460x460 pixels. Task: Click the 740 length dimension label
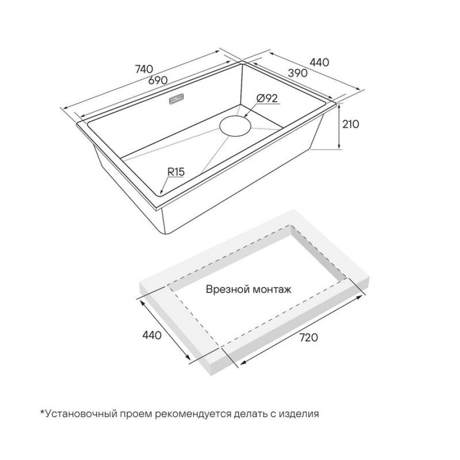pyautogui.click(x=144, y=69)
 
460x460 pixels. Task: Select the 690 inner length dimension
pyautogui.click(x=157, y=80)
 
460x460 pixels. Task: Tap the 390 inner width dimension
pyautogui.click(x=297, y=73)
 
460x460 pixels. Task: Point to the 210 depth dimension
pyautogui.click(x=351, y=124)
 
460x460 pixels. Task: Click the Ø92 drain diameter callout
pyautogui.click(x=267, y=98)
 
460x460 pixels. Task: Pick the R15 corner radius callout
pyautogui.click(x=176, y=172)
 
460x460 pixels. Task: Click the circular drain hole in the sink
pyautogui.click(x=236, y=126)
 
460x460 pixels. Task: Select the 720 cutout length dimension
pyautogui.click(x=309, y=337)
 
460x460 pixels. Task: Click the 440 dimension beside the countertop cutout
pyautogui.click(x=152, y=335)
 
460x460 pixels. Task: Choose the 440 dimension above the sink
pyautogui.click(x=319, y=62)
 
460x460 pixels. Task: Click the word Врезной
pyautogui.click(x=227, y=290)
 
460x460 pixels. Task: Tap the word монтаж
pyautogui.click(x=272, y=290)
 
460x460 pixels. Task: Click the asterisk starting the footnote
pyautogui.click(x=42, y=411)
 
